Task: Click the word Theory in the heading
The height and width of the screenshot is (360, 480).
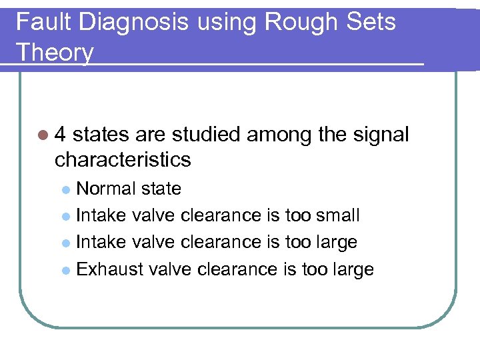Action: [55, 51]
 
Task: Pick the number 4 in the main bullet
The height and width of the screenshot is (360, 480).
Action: [61, 135]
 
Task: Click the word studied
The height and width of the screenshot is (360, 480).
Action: [206, 135]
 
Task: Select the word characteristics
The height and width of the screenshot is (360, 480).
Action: [123, 160]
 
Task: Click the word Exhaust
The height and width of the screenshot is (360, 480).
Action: [109, 269]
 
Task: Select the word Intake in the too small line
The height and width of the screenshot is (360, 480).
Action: [102, 215]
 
